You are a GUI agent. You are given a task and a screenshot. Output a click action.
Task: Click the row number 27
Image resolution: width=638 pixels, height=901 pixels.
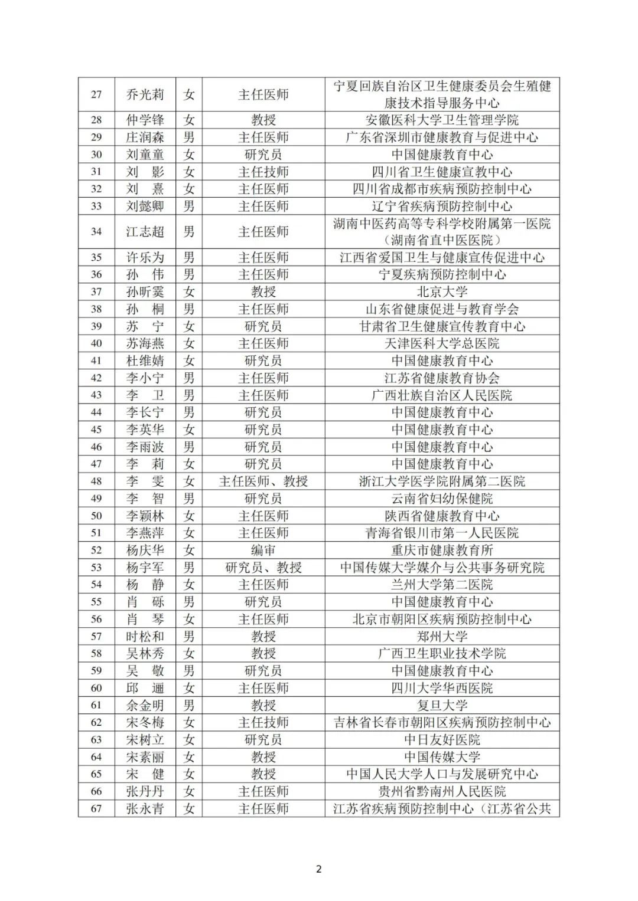click(96, 94)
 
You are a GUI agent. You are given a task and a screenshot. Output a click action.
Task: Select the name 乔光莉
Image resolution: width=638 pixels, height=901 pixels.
click(145, 94)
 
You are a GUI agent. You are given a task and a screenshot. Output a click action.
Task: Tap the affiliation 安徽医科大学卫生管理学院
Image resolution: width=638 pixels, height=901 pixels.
click(442, 120)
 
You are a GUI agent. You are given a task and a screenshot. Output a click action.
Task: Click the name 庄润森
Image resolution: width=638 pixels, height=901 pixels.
click(145, 137)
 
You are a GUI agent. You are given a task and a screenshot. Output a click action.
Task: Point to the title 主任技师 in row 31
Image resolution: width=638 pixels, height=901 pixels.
click(263, 172)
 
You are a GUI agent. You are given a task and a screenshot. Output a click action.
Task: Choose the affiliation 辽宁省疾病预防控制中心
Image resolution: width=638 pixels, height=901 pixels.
click(442, 206)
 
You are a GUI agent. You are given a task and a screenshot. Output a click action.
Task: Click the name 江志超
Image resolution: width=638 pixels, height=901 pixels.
click(145, 232)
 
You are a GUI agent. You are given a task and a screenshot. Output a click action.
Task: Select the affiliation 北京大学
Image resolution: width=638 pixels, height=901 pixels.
click(442, 291)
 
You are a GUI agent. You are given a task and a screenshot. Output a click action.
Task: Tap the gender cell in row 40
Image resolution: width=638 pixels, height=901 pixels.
click(189, 343)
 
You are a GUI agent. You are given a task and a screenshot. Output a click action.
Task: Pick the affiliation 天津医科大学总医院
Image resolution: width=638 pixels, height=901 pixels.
click(442, 343)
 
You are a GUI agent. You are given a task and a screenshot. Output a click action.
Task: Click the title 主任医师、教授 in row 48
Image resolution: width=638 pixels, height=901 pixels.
click(263, 481)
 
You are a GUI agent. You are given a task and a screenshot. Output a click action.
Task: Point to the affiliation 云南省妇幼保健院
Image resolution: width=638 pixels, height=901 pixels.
click(442, 499)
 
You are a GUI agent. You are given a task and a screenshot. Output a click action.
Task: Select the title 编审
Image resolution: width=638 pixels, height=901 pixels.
click(263, 550)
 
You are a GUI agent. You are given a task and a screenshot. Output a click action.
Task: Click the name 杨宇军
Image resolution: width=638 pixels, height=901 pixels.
click(145, 568)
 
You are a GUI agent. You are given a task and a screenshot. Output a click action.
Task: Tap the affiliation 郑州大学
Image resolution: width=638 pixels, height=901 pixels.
click(442, 636)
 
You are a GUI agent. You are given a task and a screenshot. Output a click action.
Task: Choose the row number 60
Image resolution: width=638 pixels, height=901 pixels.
click(96, 688)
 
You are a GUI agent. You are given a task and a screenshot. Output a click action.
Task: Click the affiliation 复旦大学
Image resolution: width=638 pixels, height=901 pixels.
click(442, 705)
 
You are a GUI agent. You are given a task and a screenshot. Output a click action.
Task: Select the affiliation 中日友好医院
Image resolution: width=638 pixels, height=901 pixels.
click(442, 739)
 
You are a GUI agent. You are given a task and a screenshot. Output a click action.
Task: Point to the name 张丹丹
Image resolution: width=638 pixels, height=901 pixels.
click(145, 791)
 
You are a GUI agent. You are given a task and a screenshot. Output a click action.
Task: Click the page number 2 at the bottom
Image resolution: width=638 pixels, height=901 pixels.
click(319, 869)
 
